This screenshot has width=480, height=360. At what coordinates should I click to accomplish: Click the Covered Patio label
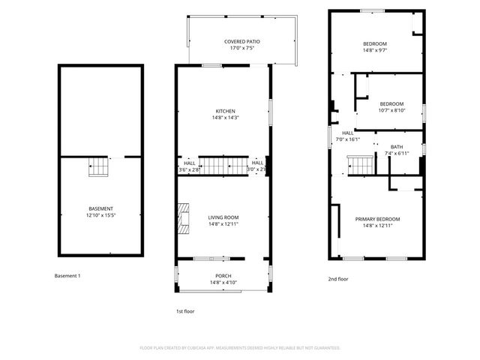pyautogui.click(x=242, y=41)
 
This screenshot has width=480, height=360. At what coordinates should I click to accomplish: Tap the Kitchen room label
pyautogui.click(x=223, y=111)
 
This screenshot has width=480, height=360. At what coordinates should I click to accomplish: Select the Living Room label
pyautogui.click(x=223, y=217)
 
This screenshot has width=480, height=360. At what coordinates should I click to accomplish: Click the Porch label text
pyautogui.click(x=223, y=275)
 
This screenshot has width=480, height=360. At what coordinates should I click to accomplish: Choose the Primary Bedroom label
pyautogui.click(x=377, y=219)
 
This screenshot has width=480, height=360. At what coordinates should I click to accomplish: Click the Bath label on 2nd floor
pyautogui.click(x=397, y=147)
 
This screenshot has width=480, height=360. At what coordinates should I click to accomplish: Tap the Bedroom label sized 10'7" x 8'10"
pyautogui.click(x=391, y=103)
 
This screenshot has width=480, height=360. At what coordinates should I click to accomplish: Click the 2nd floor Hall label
pyautogui.click(x=348, y=133)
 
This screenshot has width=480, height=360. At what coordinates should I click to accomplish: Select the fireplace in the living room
pyautogui.click(x=182, y=218)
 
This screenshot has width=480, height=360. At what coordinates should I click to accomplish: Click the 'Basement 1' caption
pyautogui.click(x=67, y=276)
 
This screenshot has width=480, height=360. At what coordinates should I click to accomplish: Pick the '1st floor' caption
pyautogui.click(x=184, y=310)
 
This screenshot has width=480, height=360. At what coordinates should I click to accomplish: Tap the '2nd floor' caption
pyautogui.click(x=338, y=279)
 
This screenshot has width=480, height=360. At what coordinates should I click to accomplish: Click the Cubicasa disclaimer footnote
pyautogui.click(x=240, y=348)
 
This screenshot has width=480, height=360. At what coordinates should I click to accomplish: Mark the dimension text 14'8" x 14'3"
pyautogui.click(x=223, y=118)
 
